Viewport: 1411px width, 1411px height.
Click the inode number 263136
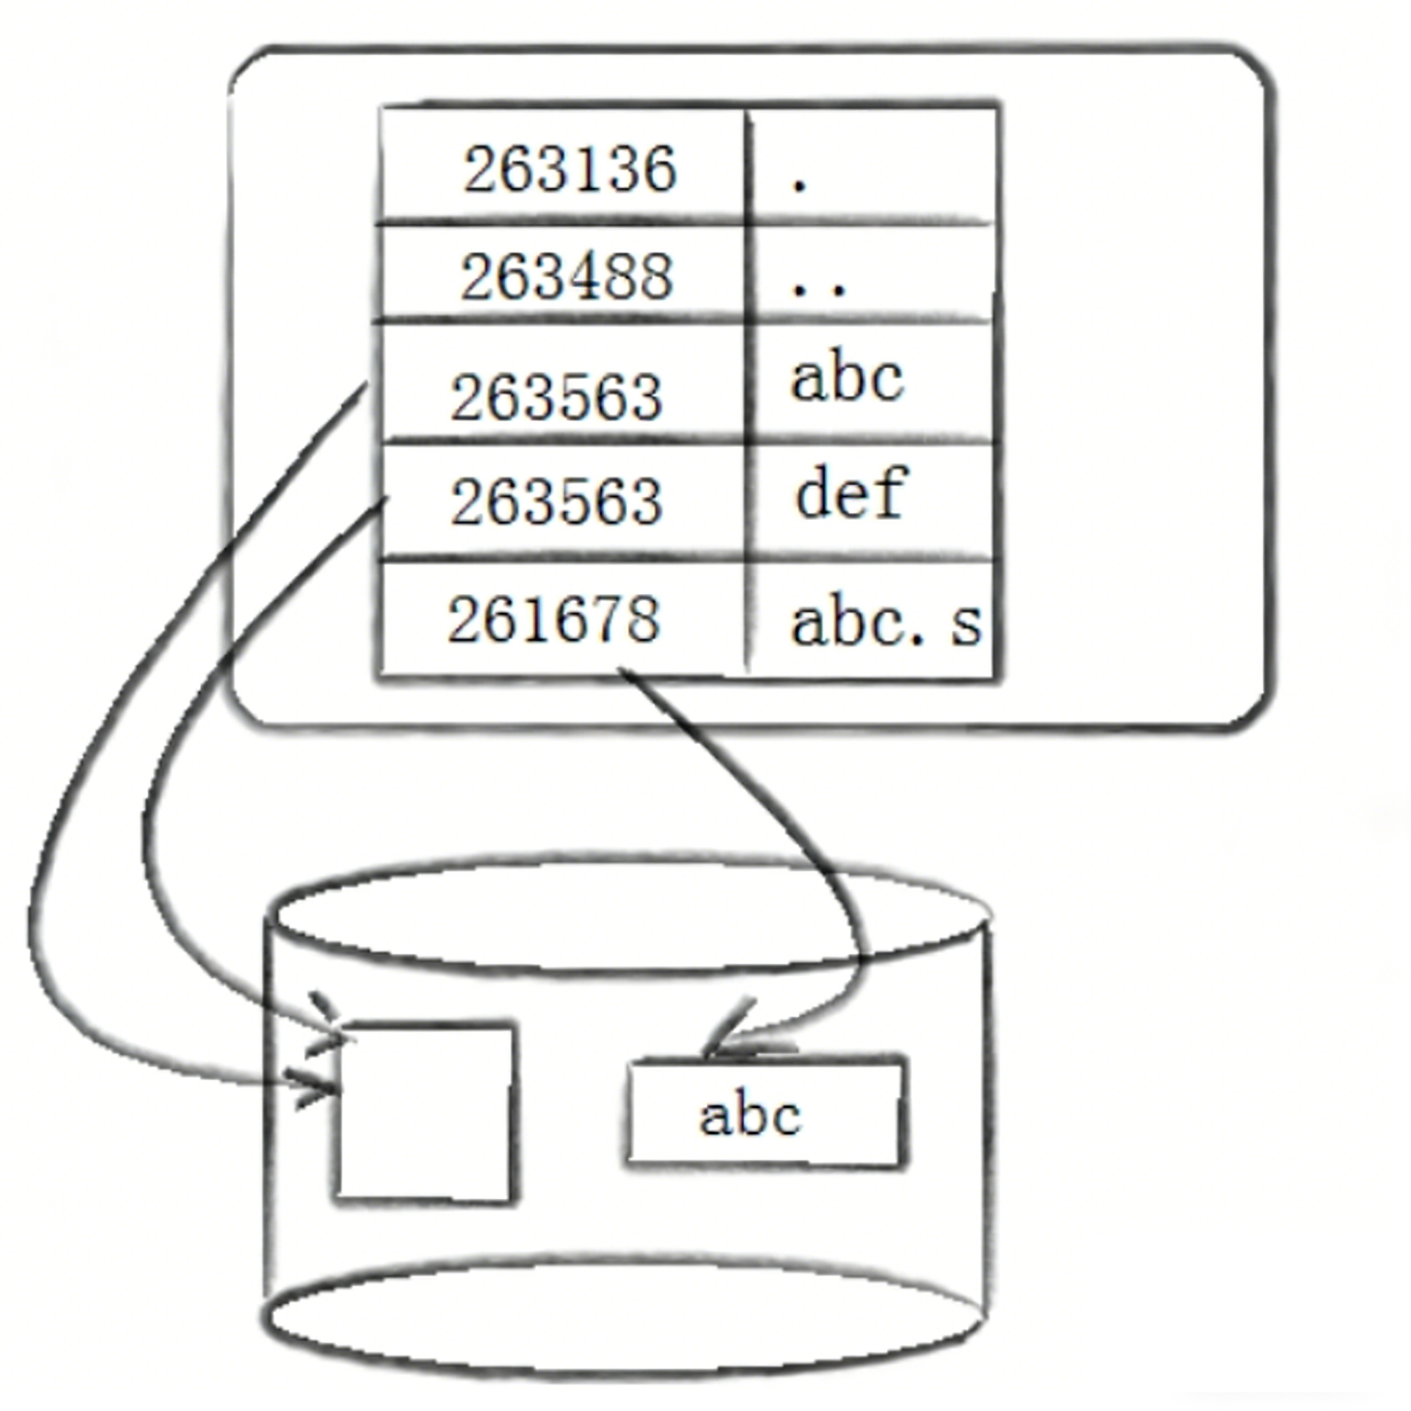(570, 169)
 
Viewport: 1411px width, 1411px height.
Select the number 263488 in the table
(566, 277)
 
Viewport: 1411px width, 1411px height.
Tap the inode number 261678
(554, 619)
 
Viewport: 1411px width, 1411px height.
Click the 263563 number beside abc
(557, 397)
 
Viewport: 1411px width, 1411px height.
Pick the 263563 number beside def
(557, 502)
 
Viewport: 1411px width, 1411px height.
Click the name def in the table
(851, 493)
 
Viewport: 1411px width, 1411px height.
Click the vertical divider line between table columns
(746, 387)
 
